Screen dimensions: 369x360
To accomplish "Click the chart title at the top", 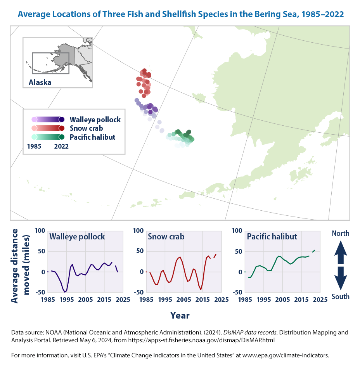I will (x=180, y=15).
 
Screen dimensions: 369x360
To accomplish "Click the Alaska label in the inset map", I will (x=40, y=82).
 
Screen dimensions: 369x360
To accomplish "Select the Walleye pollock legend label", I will (x=95, y=120).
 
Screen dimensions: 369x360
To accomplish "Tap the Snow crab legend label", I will (x=86, y=128).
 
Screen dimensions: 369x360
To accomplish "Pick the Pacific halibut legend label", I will (x=92, y=137).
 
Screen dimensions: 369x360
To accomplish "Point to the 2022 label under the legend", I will (x=61, y=147).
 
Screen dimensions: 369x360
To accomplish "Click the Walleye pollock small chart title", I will (x=77, y=237).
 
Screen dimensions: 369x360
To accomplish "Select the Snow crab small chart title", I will (x=166, y=237).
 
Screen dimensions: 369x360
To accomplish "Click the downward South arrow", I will (x=340, y=277).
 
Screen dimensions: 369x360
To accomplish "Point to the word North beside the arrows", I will (x=340, y=234).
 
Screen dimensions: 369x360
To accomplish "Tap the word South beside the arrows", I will (x=340, y=297).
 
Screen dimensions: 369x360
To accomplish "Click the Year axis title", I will (x=180, y=315).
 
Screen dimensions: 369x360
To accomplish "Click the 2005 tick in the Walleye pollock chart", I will (x=85, y=300).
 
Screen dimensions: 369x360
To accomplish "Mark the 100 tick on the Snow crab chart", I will (x=138, y=231).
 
